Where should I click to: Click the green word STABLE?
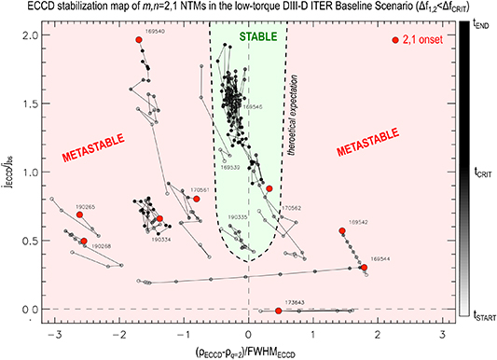coord(246,36)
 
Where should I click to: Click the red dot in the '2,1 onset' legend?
coord(395,40)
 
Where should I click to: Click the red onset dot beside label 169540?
coord(138,40)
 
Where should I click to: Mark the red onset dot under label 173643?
coord(279,311)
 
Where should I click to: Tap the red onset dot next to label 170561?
coord(197,199)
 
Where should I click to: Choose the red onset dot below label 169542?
coord(342,230)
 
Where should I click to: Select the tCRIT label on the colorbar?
coord(479,172)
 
